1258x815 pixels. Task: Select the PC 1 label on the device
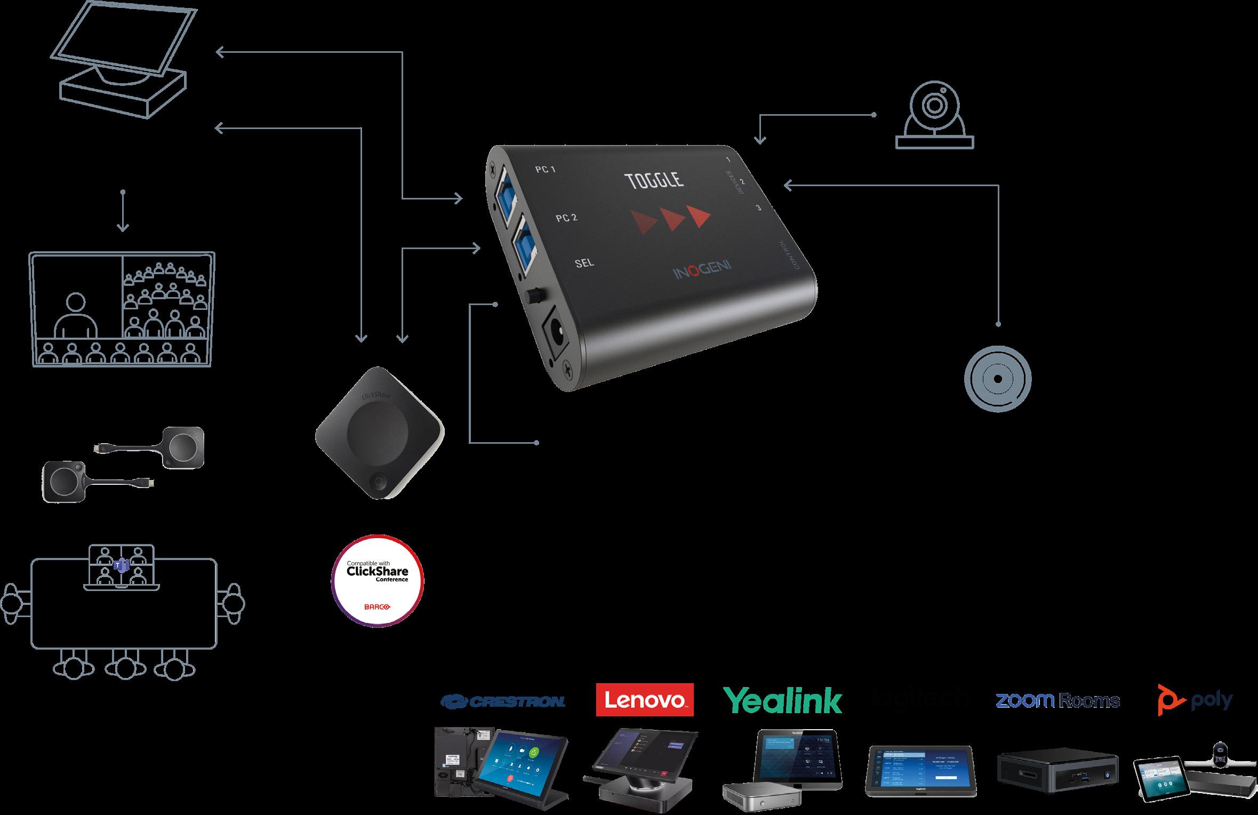546,170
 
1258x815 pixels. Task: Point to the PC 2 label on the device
566,218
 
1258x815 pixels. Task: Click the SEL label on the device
584,262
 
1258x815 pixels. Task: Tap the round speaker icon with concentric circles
997,379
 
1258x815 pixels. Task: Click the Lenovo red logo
644,699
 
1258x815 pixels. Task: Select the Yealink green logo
782,700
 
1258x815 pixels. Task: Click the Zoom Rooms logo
1057,700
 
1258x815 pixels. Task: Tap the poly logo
1195,700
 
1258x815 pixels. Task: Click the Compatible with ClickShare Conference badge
378,580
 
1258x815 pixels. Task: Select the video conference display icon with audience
123,309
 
